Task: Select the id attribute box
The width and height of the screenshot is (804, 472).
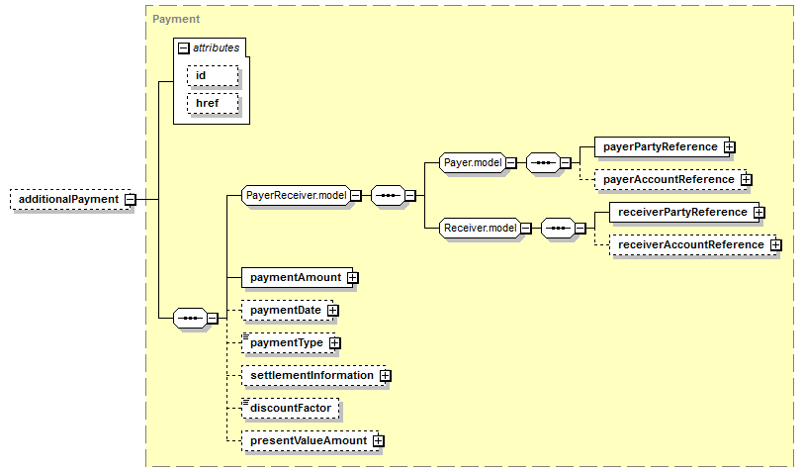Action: click(x=213, y=75)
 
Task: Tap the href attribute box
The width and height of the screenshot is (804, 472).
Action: click(x=213, y=103)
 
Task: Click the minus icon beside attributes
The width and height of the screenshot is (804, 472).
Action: click(x=184, y=48)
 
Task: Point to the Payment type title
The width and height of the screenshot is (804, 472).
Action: click(x=176, y=19)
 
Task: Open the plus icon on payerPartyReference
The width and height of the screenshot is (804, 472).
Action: click(x=729, y=147)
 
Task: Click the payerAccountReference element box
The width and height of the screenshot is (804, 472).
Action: click(x=670, y=179)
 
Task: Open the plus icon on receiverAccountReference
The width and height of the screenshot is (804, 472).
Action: click(x=775, y=245)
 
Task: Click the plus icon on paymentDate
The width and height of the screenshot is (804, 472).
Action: click(x=333, y=311)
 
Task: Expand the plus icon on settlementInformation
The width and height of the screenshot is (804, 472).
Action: click(x=385, y=376)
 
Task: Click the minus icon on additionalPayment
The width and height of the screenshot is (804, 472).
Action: click(x=131, y=200)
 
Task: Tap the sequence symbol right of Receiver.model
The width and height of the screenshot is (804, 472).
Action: click(x=558, y=228)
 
